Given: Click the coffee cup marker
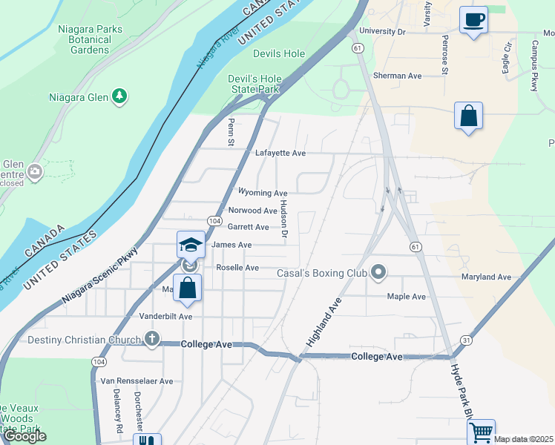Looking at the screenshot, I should (x=473, y=20).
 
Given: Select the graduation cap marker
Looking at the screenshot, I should (x=191, y=245).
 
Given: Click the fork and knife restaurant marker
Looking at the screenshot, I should (x=147, y=441).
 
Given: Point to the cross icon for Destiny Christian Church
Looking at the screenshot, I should (x=151, y=340).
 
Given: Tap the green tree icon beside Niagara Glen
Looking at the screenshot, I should (x=119, y=96).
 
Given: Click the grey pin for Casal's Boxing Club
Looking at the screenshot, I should (x=378, y=273).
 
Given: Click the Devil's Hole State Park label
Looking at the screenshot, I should (x=253, y=84).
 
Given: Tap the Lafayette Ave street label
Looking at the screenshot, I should (x=280, y=154).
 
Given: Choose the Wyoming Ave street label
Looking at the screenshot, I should (x=262, y=193).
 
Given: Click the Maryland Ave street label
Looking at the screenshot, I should (x=486, y=277).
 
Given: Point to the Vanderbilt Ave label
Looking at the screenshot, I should (x=166, y=316).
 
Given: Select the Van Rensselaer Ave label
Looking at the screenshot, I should (x=137, y=381).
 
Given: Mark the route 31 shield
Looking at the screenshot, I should (x=466, y=340).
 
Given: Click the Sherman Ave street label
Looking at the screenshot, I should (x=398, y=76).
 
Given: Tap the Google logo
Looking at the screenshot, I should (x=24, y=436).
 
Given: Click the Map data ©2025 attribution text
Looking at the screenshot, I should (x=523, y=440).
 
